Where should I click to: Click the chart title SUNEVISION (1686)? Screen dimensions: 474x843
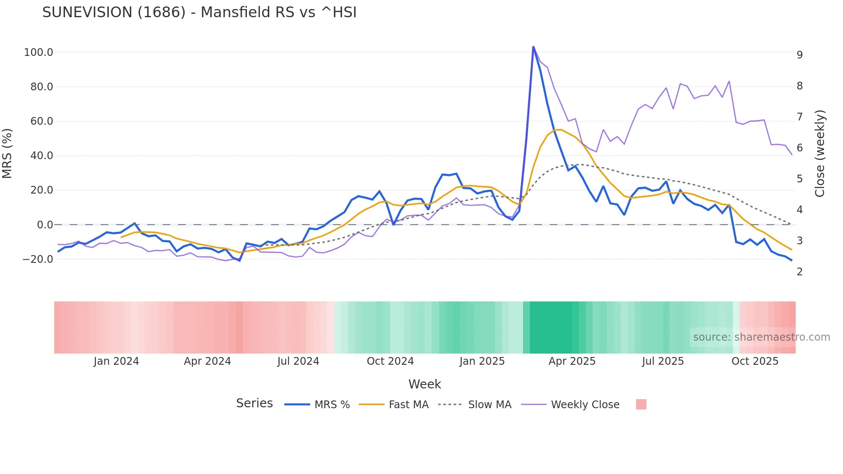point(199,12)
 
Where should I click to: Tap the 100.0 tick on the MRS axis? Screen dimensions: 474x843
point(39,52)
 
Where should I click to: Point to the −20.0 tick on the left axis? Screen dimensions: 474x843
point(38,259)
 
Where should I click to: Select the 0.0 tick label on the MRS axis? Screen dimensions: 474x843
point(45,225)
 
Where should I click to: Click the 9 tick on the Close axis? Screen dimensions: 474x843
point(800,55)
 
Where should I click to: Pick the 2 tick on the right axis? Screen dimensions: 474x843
point(800,272)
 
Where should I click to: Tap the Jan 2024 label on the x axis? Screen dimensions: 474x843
point(116,361)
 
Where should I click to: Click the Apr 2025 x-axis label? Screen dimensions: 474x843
point(572,361)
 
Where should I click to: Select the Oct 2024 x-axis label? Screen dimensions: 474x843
point(390,361)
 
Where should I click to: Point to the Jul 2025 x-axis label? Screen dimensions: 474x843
point(663,361)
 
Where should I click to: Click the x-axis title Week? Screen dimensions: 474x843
point(425,384)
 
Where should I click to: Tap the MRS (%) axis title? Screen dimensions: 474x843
point(7,153)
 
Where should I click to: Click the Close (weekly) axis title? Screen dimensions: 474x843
point(820,154)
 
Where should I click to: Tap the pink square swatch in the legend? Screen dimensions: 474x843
point(641,404)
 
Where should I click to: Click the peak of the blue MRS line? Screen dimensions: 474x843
point(533,46)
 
